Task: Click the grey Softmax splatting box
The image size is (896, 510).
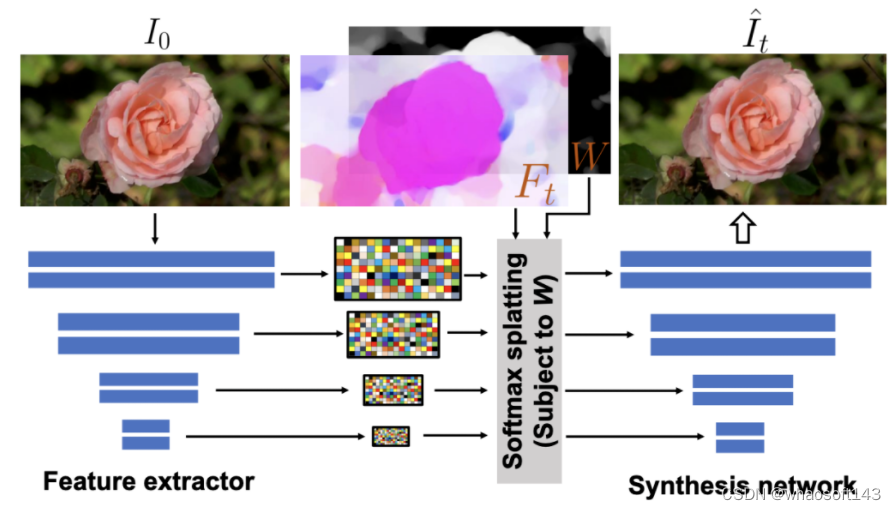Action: pos(530,361)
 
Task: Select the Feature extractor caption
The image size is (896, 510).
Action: pos(148,481)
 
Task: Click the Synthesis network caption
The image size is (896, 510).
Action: pos(741,485)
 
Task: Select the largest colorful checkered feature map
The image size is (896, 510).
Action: pos(396,269)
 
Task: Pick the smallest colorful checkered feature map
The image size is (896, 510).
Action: pos(391,436)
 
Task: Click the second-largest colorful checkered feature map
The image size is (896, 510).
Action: pos(393,334)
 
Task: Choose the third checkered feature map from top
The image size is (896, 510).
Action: pos(392,390)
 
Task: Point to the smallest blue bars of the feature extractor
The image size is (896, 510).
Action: pos(146,434)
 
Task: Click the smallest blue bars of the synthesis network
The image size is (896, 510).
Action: pos(740,437)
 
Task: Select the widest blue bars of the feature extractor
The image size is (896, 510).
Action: pos(151,269)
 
